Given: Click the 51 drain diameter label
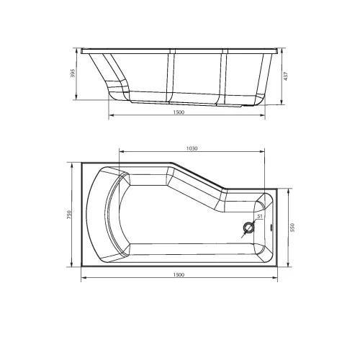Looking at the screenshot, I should [x=258, y=216].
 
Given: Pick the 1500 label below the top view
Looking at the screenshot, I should [x=179, y=276].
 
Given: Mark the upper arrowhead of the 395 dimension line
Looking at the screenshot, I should [x=78, y=51].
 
